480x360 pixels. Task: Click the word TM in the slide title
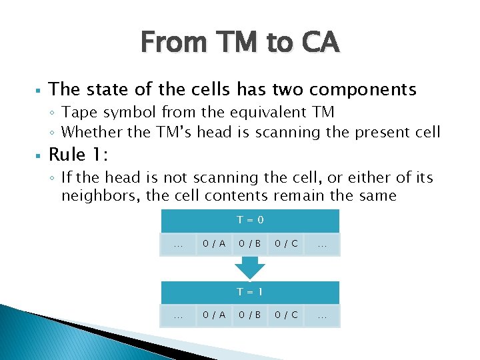pyautogui.click(x=227, y=43)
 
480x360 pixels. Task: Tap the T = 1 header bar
pyautogui.click(x=250, y=292)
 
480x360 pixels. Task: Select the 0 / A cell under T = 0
pyautogui.click(x=214, y=245)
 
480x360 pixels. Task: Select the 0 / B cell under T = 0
pyautogui.click(x=250, y=245)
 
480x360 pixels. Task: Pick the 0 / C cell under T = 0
pyautogui.click(x=286, y=245)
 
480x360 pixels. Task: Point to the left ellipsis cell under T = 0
pyautogui.click(x=178, y=245)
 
